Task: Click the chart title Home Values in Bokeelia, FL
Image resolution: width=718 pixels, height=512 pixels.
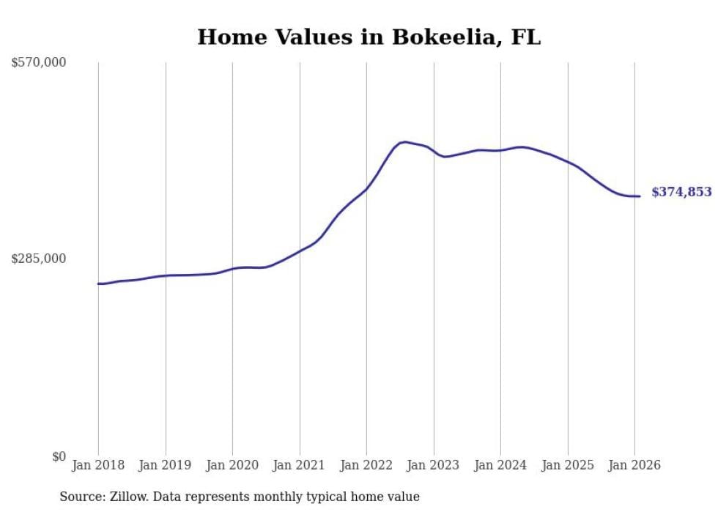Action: point(369,37)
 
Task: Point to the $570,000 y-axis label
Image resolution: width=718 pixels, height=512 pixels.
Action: point(39,63)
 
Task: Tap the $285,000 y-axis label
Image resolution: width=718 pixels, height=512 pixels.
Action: point(39,259)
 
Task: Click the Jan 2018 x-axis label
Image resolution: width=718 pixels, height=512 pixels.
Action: point(98,465)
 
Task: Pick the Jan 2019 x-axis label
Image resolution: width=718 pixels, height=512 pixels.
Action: point(166,465)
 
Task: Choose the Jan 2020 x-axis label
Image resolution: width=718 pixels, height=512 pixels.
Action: point(232,465)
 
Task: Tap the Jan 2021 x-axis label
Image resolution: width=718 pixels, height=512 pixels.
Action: point(300,465)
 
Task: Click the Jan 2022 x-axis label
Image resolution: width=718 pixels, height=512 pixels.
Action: point(366,465)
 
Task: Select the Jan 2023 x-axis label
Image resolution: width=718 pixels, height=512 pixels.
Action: point(434,465)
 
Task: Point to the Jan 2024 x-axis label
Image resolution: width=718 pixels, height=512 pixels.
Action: point(500,465)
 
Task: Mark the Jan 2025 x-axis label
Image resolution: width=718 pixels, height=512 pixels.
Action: point(568,465)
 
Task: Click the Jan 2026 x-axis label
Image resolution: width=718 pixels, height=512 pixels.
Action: point(634,465)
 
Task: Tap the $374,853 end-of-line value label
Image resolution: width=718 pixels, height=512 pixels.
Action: point(681,192)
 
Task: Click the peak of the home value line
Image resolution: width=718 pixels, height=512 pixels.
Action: point(405,142)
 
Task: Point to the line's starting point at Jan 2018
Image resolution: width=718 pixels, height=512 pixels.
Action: point(98,283)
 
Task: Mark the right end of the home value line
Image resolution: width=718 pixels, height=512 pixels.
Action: point(640,196)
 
